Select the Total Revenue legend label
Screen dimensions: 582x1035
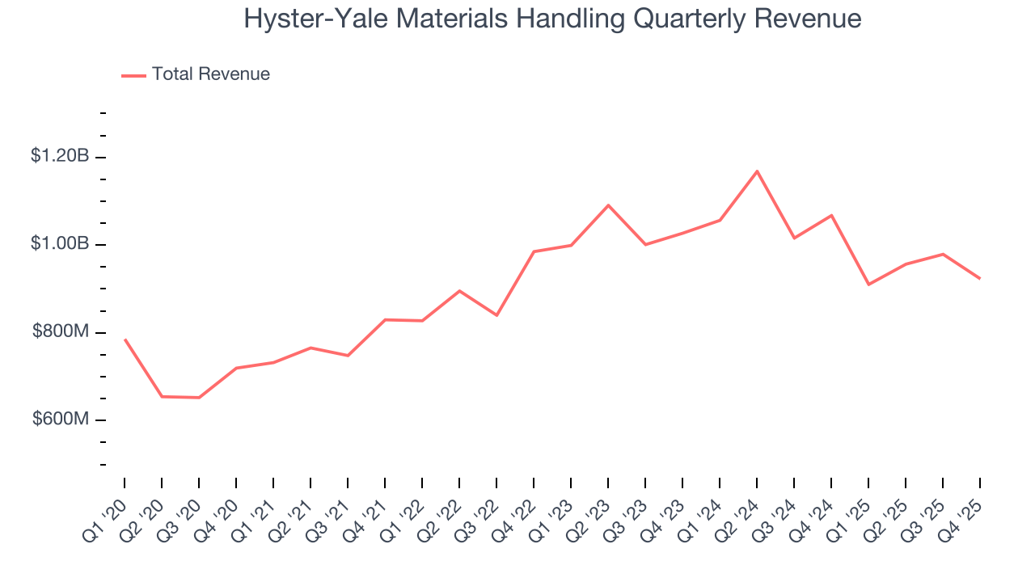coord(211,74)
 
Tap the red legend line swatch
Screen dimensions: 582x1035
coord(133,75)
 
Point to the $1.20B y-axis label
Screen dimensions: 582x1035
coord(60,156)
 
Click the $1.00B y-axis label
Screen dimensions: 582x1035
coord(60,244)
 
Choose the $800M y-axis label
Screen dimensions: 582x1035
coord(61,332)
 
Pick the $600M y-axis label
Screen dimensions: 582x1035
coord(61,420)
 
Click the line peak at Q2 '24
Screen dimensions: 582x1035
coord(757,171)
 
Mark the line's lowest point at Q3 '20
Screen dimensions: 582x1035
coord(199,398)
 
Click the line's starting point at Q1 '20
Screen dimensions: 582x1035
coord(125,339)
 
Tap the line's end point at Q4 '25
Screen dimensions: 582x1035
coord(980,279)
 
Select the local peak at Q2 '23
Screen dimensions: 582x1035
coord(608,205)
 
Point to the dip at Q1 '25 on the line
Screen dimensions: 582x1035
coord(868,285)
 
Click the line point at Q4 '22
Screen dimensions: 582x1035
coord(534,251)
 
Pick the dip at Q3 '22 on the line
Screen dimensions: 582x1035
coord(496,315)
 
